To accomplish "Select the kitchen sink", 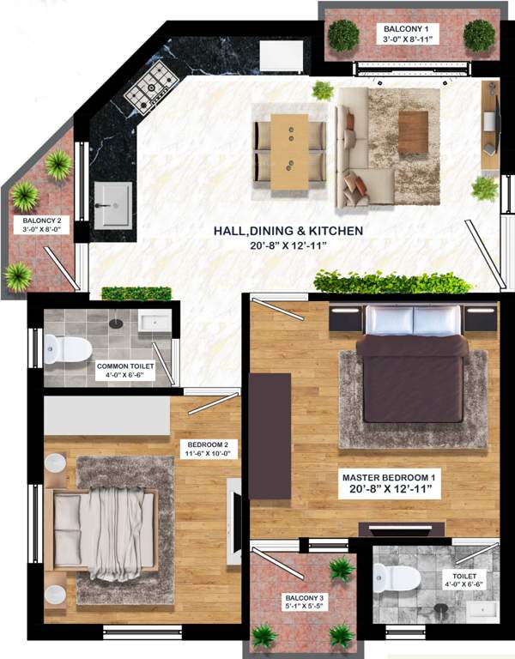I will pos(112,204).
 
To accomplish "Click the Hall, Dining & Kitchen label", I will pos(288,231).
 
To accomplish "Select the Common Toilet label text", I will pos(124,366).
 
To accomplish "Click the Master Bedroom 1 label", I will pos(391,477).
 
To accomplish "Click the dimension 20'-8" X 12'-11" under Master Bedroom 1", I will pos(391,491).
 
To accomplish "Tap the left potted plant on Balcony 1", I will pos(343,35).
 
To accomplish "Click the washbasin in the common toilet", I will pos(156,322).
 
